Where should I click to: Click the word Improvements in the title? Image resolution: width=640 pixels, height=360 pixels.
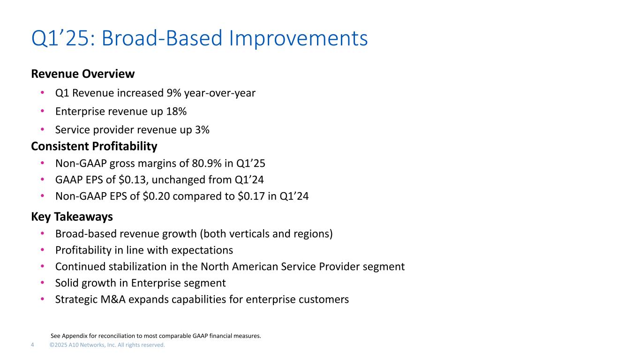(x=298, y=38)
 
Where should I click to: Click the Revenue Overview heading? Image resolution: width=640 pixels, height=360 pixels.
(x=83, y=74)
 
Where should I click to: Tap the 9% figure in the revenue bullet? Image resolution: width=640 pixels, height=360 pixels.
(x=173, y=93)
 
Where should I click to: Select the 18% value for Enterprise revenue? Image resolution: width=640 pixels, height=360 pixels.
(x=176, y=111)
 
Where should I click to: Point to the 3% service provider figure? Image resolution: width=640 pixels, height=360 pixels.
(x=202, y=130)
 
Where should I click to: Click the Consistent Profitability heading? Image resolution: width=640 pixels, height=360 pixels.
(x=94, y=146)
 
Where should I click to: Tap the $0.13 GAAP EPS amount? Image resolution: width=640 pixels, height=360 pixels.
(x=134, y=180)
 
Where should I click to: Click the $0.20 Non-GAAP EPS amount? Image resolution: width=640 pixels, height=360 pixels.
(x=156, y=196)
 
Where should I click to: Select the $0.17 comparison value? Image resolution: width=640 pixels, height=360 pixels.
(x=251, y=196)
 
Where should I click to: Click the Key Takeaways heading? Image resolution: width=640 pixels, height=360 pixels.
(x=72, y=217)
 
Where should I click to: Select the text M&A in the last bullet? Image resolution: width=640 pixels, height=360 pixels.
(x=113, y=300)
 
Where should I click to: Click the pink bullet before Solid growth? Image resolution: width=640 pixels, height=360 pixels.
(x=42, y=283)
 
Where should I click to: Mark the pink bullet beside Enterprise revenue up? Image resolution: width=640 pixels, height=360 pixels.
(x=42, y=111)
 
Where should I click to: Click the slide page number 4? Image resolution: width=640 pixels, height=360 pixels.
(x=32, y=345)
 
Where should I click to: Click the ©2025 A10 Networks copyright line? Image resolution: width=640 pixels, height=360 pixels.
(x=107, y=345)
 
